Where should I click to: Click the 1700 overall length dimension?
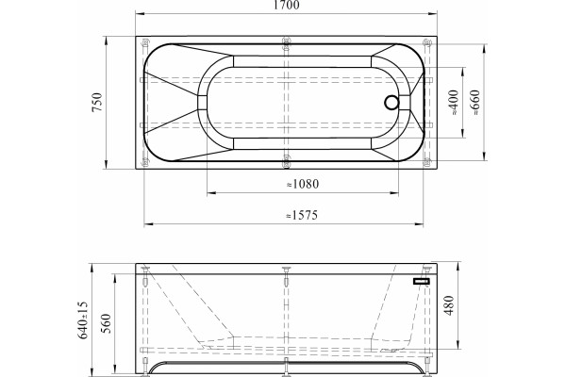(x=286, y=5)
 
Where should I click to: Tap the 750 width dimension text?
(x=97, y=102)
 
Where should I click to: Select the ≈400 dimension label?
(x=454, y=103)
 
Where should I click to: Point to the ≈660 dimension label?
(x=475, y=103)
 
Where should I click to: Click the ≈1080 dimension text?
(x=303, y=184)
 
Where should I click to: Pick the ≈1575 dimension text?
(x=302, y=216)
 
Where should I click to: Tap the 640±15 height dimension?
(x=83, y=320)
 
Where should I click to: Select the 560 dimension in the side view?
(x=106, y=323)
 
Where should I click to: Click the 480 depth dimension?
(x=449, y=305)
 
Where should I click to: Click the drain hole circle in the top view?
(x=391, y=103)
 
